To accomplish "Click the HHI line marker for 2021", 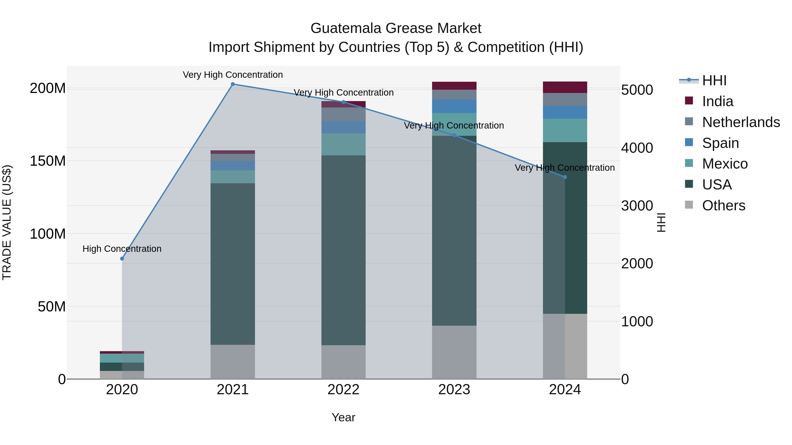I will point(233,84).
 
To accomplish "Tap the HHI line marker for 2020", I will point(122,259).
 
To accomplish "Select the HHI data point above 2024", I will point(565,177).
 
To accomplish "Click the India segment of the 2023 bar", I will point(454,86).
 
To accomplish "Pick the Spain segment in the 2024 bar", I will point(565,112).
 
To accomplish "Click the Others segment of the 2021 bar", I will point(233,362).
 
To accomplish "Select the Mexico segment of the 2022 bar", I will point(343,144).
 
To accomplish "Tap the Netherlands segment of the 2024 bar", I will point(565,100).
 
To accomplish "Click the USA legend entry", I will point(717,185).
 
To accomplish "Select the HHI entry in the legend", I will point(714,80).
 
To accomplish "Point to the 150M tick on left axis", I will point(48,161).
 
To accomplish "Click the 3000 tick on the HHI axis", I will point(637,206).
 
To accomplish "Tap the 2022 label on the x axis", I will point(343,390).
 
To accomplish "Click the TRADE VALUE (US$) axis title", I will point(7,222).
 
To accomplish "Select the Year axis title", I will point(343,417).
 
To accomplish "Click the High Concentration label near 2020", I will point(122,249).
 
